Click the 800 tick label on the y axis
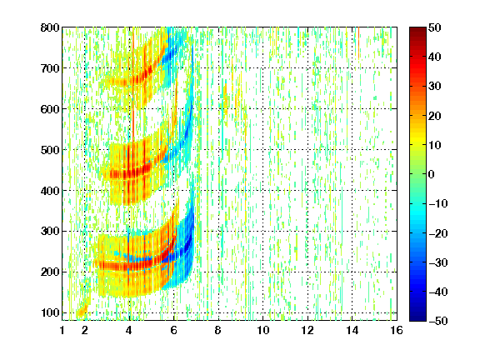click(x=50, y=27)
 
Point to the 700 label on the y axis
click(x=50, y=68)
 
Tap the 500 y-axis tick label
click(x=50, y=150)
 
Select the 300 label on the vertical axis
click(x=50, y=232)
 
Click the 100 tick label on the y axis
click(x=50, y=312)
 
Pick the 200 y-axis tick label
click(x=50, y=272)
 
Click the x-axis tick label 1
click(x=62, y=331)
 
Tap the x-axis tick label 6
click(x=173, y=331)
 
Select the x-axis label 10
click(x=263, y=331)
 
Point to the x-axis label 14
click(x=352, y=331)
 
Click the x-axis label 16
click(x=397, y=331)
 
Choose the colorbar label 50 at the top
click(x=435, y=27)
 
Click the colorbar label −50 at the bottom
click(x=438, y=321)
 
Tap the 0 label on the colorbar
click(x=432, y=174)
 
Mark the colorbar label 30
click(x=435, y=87)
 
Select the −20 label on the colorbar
click(x=438, y=233)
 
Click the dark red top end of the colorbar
click(x=417, y=30)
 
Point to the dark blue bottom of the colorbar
click(x=417, y=318)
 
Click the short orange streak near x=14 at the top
click(x=358, y=42)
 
